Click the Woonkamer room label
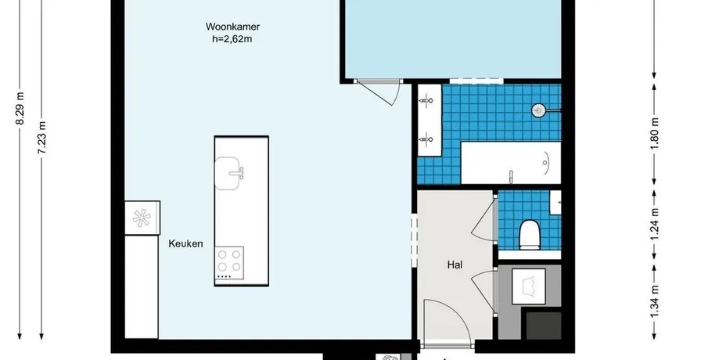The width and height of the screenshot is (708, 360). pos(232,27)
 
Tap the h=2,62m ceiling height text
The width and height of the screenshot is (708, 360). pos(232,39)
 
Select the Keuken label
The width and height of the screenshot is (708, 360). pos(185,244)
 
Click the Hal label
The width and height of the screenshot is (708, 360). pos(455,265)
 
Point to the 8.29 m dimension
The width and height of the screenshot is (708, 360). pos(20,110)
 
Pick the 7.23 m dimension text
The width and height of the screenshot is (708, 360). pos(41,138)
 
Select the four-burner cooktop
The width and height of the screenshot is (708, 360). pos(229,263)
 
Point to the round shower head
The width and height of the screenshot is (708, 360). pos(539,110)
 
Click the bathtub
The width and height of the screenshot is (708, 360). pos(511,163)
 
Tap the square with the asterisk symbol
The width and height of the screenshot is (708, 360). pos(142,218)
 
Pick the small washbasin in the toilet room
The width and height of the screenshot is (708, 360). pos(555,203)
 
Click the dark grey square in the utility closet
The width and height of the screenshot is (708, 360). pos(544,325)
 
